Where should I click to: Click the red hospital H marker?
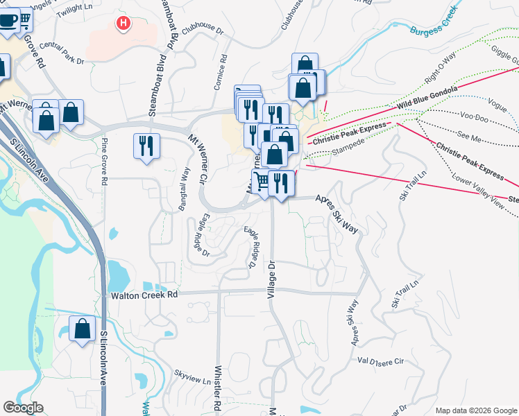click(124, 24)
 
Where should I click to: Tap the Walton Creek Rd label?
click(144, 295)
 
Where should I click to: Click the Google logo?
click(23, 408)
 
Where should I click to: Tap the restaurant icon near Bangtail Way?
click(146, 146)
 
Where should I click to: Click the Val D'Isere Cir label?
click(380, 361)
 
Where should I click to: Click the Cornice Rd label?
click(225, 73)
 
